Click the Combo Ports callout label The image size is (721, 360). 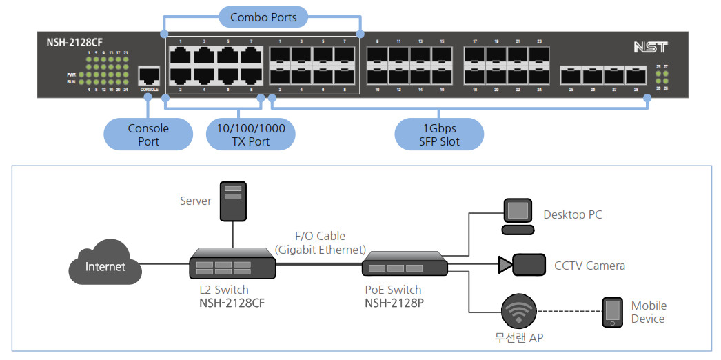263,17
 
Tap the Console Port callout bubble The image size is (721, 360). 148,134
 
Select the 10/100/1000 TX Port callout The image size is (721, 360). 250,134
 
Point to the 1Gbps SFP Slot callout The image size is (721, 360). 438,134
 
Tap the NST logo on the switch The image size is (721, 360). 649,47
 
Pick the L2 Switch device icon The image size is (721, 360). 232,265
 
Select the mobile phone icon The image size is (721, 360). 612,312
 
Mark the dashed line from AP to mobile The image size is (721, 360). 569,311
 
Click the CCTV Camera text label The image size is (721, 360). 589,266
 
